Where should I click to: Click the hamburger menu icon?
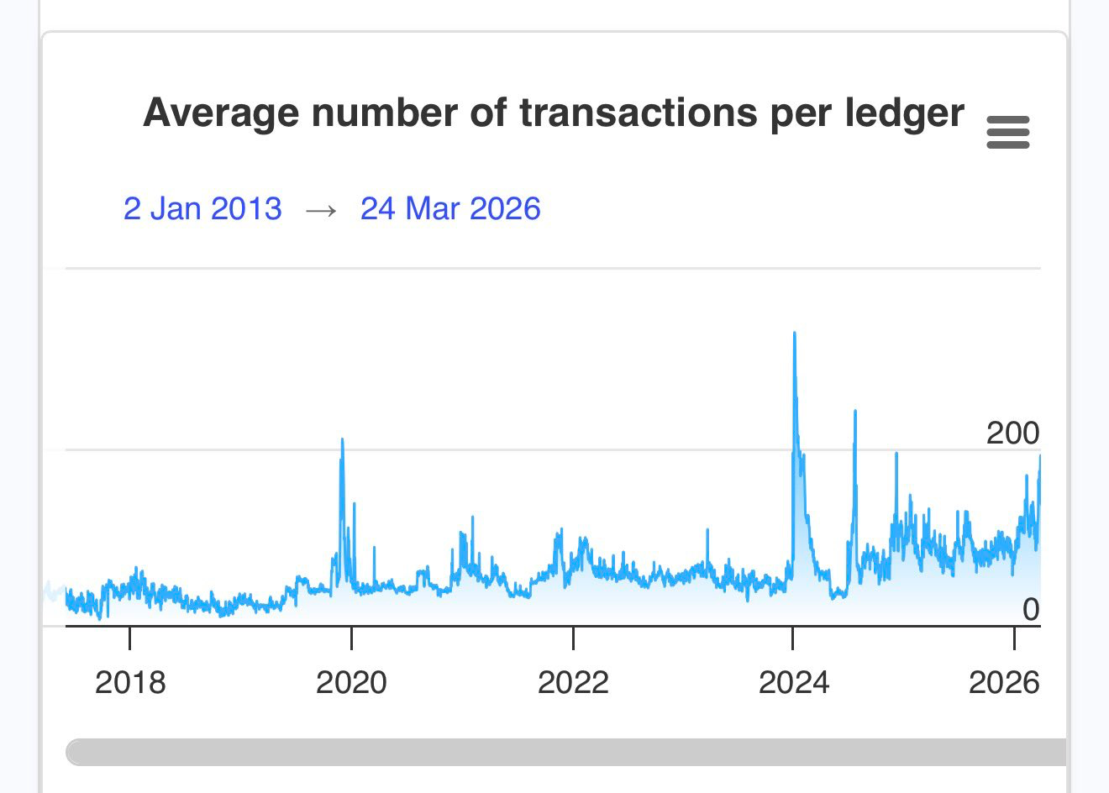pos(1007,133)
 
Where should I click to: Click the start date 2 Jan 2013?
pos(202,208)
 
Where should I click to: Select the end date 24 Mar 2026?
pos(450,208)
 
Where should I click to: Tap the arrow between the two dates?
pos(321,210)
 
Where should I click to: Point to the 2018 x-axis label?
pos(130,682)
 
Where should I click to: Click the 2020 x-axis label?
pos(351,682)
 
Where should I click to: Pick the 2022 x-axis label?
pos(573,682)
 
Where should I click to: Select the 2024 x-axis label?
pos(794,682)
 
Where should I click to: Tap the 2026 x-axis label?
pos(1003,682)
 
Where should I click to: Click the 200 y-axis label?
pos(1012,433)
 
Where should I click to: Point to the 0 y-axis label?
pos(1031,610)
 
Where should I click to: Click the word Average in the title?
pos(220,113)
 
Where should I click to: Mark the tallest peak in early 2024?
pos(794,333)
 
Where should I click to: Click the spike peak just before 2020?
pos(342,439)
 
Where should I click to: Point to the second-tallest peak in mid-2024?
pos(855,411)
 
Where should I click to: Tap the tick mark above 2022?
pos(573,638)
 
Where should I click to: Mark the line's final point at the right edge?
pos(1039,455)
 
